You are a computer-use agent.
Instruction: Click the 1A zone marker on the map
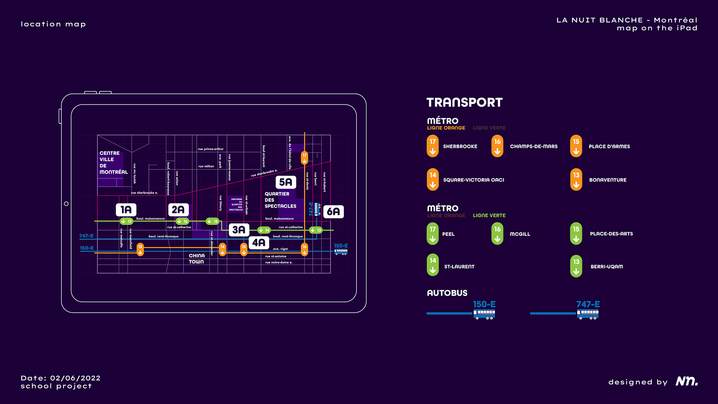click(126, 209)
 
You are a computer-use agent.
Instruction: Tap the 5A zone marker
click(286, 182)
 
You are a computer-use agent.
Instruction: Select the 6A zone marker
click(333, 212)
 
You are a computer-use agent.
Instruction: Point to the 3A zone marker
click(239, 230)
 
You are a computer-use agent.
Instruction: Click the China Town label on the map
click(197, 258)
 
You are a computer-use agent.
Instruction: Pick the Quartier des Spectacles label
click(280, 200)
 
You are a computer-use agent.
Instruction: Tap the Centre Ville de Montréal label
click(113, 163)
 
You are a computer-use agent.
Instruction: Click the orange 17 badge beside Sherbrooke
click(433, 146)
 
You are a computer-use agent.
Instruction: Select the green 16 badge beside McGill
click(497, 234)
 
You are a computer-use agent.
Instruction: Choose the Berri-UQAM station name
click(607, 267)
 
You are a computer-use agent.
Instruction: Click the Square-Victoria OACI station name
click(473, 180)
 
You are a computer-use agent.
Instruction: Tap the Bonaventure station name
click(608, 180)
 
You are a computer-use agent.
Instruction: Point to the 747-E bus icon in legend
click(587, 314)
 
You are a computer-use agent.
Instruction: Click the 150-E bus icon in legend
click(484, 314)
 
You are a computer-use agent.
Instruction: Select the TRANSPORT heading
click(464, 102)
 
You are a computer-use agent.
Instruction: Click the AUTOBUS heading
click(447, 293)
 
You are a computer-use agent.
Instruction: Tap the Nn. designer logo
click(687, 381)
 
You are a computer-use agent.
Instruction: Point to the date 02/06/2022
click(75, 378)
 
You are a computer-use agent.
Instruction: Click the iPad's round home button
click(66, 204)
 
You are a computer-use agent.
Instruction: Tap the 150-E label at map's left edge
click(87, 248)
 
